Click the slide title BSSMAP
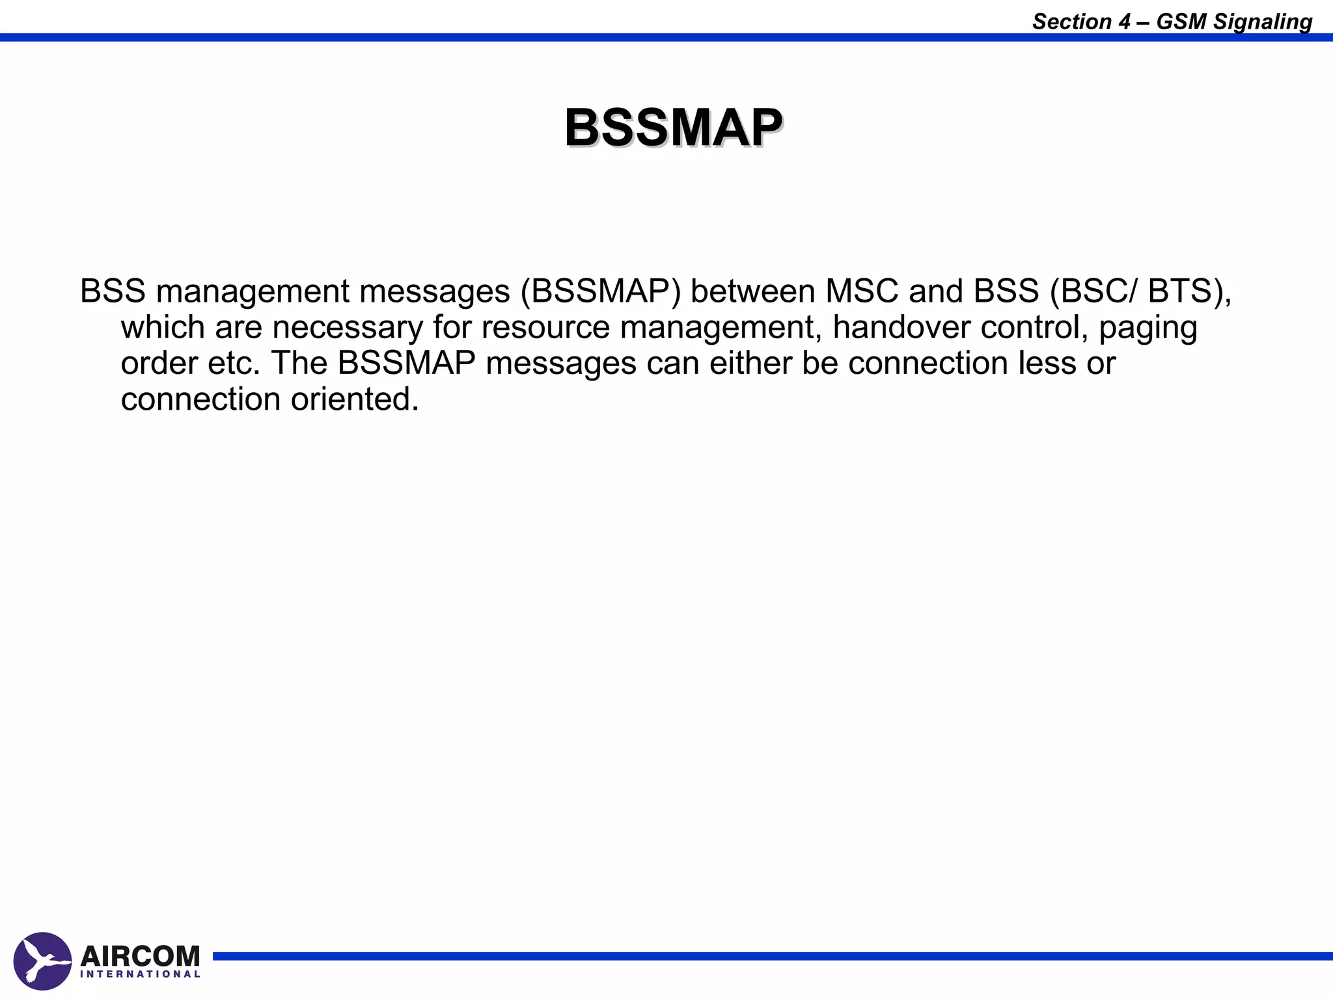[673, 128]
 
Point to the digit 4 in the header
[1125, 21]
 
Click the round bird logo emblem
[42, 961]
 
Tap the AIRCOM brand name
[140, 955]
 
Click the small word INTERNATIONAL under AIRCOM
[140, 974]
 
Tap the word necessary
[348, 327]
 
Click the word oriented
[354, 399]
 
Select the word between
[752, 291]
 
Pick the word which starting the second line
[163, 327]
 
